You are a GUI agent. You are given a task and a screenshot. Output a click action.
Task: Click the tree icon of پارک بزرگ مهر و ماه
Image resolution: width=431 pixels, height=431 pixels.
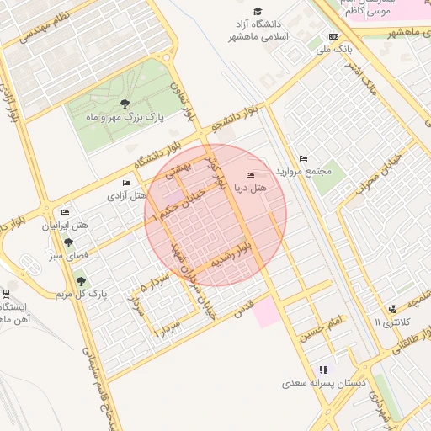click(x=125, y=104)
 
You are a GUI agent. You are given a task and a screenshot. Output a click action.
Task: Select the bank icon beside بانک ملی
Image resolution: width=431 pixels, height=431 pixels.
click(x=334, y=37)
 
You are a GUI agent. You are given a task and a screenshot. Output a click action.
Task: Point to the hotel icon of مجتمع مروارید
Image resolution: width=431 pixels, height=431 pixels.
click(x=303, y=158)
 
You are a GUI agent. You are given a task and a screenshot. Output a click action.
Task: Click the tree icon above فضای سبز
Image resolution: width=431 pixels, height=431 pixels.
click(x=68, y=242)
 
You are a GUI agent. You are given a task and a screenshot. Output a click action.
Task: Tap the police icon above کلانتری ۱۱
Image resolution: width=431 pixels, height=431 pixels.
click(x=392, y=309)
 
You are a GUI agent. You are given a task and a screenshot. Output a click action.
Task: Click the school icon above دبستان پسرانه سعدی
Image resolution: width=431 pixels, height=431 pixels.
click(x=323, y=370)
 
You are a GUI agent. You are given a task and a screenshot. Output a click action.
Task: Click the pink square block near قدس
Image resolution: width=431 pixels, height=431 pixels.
click(x=266, y=312)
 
